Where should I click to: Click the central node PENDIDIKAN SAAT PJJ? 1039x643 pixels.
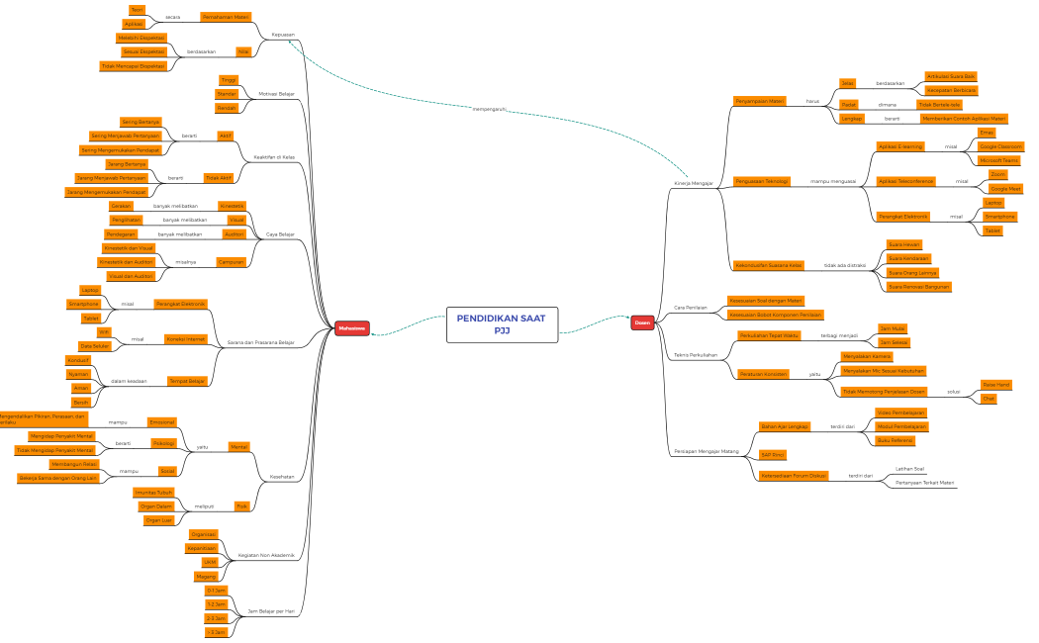[502, 323]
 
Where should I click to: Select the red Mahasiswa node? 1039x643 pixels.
[351, 328]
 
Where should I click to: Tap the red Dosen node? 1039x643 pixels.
[642, 322]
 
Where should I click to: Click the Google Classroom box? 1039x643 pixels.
[1000, 146]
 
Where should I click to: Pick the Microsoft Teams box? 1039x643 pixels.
[997, 160]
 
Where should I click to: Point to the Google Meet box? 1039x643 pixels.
[1006, 188]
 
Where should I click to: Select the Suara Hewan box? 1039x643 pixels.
[904, 243]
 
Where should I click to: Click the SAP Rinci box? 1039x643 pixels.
[772, 454]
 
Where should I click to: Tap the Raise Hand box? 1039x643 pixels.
[995, 384]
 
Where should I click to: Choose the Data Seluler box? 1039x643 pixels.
[95, 346]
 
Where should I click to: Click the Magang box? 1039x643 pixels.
[206, 576]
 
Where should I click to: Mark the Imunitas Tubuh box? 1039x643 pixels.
[152, 492]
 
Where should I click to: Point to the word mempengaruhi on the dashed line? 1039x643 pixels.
[489, 109]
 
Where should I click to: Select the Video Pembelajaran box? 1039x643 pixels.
[900, 413]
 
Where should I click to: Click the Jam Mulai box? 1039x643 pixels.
[894, 328]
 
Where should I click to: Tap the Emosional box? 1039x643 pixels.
[162, 422]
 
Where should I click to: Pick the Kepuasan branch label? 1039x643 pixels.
[283, 34]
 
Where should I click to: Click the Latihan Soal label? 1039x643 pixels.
[908, 468]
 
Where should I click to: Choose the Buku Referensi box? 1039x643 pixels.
[895, 440]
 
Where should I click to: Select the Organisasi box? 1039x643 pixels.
[204, 534]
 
